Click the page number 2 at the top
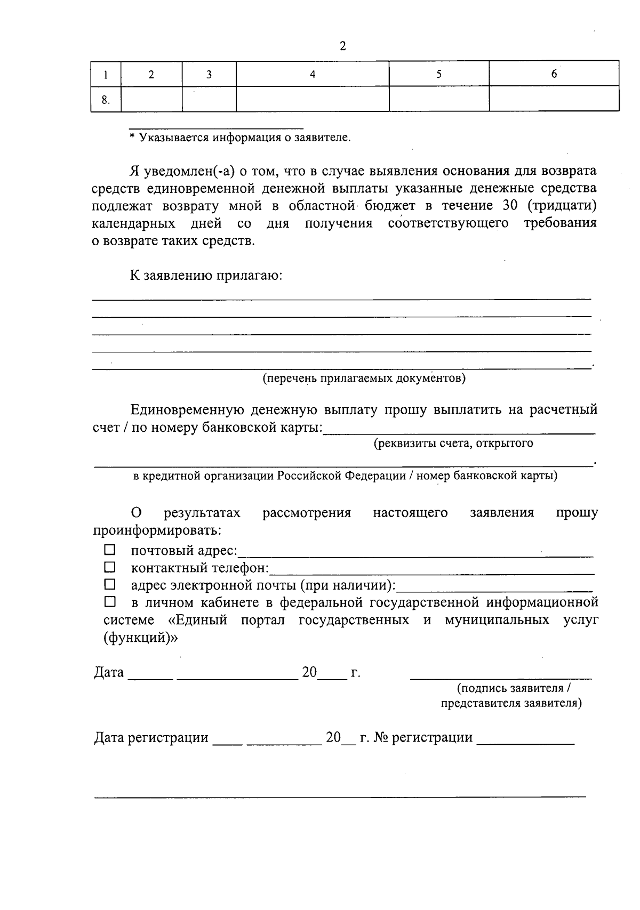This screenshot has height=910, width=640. click(342, 46)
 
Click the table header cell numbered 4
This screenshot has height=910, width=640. click(313, 74)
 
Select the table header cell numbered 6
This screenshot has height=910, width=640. click(554, 74)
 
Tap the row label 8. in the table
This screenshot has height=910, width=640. click(106, 100)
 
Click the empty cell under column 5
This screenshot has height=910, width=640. click(439, 99)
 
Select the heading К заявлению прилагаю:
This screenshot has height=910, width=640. click(206, 276)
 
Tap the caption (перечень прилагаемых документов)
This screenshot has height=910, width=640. click(364, 379)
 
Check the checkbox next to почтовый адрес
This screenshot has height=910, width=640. click(109, 550)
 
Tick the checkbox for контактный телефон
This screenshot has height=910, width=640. click(109, 567)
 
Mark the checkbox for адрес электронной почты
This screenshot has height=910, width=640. click(109, 584)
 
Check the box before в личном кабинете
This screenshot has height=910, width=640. click(109, 602)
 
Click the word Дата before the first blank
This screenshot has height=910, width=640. click(109, 673)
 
